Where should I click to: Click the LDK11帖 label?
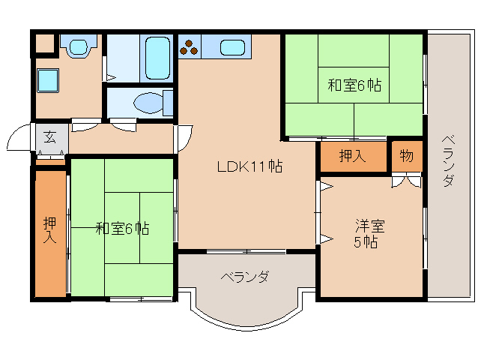pyautogui.click(x=250, y=167)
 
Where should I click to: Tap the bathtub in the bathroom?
pyautogui.click(x=157, y=57)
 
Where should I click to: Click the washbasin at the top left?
pyautogui.click(x=77, y=46)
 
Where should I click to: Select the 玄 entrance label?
pyautogui.click(x=49, y=137)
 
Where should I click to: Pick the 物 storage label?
pyautogui.click(x=406, y=156)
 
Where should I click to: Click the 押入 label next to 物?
pyautogui.click(x=352, y=156)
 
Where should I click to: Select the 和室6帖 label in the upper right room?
pyautogui.click(x=354, y=85)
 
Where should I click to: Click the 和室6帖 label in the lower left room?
pyautogui.click(x=122, y=229)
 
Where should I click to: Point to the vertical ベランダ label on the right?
pyautogui.click(x=447, y=161)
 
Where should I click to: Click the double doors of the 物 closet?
pyautogui.click(x=406, y=180)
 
